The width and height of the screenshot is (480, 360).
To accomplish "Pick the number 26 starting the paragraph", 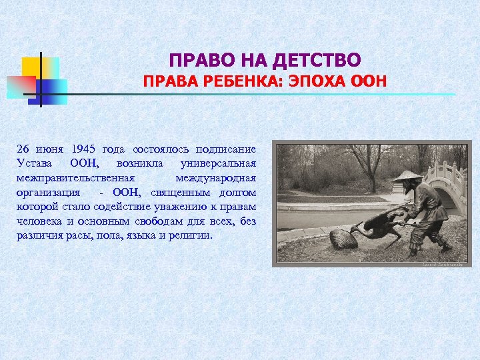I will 24,149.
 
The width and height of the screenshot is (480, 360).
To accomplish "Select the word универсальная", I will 218,163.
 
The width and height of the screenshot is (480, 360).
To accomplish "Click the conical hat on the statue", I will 407,176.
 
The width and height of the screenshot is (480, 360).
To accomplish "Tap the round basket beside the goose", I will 344,238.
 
